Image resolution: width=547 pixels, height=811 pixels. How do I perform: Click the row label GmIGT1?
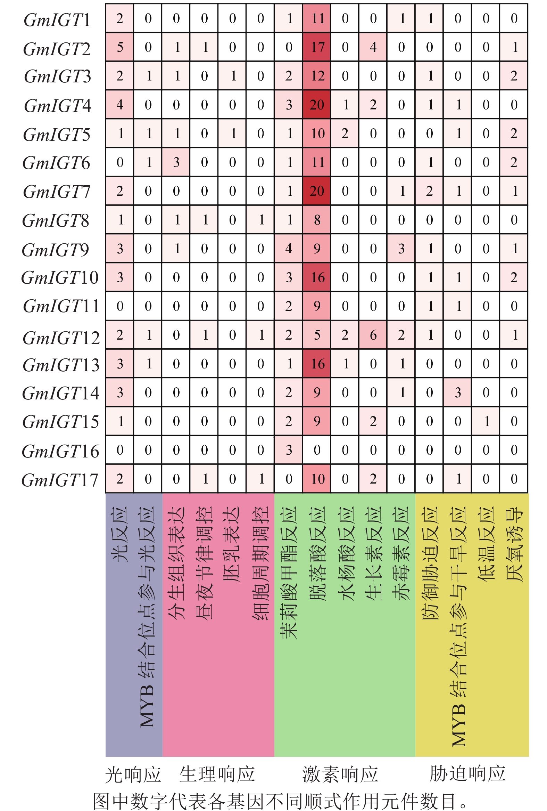[x=57, y=20]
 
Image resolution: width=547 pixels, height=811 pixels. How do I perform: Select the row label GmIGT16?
[x=60, y=451]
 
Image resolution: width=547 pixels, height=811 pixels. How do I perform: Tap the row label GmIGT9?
[x=56, y=250]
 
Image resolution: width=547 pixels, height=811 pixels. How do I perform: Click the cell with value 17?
[x=317, y=47]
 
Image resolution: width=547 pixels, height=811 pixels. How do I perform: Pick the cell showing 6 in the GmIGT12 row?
[x=373, y=335]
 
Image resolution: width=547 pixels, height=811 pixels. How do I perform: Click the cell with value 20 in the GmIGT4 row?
[x=317, y=105]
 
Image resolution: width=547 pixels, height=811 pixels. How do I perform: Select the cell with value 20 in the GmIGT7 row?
[x=317, y=191]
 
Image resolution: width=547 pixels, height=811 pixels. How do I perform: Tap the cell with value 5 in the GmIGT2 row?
[x=119, y=47]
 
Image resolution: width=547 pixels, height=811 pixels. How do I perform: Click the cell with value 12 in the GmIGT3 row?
[x=317, y=76]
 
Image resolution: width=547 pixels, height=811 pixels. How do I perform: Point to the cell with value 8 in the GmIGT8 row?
[x=317, y=220]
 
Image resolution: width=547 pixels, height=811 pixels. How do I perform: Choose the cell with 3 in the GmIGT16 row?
[x=289, y=450]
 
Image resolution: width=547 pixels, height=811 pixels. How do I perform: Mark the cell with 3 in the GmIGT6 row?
[x=176, y=162]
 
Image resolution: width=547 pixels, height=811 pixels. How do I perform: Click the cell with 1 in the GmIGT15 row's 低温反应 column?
[x=486, y=421]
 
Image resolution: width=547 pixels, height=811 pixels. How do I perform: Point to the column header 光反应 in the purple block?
[x=119, y=534]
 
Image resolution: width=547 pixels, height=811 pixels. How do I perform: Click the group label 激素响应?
[x=340, y=774]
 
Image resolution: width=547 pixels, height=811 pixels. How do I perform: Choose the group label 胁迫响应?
[x=467, y=773]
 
